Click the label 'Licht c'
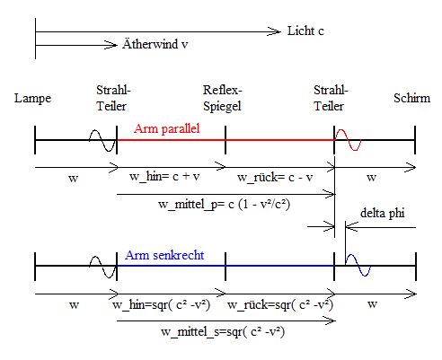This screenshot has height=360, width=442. pos(305,31)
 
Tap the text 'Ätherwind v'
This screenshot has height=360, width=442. pos(155,44)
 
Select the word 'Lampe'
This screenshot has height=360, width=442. pos(32,99)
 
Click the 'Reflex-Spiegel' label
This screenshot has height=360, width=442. pos(222,98)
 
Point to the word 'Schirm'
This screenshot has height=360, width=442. pos(411,98)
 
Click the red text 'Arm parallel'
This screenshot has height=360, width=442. pos(167,128)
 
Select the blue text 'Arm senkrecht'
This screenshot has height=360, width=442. pos(164,255)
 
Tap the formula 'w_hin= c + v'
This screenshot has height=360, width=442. pos(164,176)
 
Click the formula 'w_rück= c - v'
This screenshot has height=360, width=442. pos(275,177)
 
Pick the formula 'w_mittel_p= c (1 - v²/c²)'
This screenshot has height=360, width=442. pos(225,205)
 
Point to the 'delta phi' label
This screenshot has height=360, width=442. pos(383,213)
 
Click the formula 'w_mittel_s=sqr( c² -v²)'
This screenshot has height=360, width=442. pos(223,332)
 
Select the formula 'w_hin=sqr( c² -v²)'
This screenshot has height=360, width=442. pos(162,305)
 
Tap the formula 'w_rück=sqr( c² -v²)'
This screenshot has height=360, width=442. pos(280,305)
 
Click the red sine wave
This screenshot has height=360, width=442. pos(348,140)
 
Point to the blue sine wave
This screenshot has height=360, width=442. pos(358,265)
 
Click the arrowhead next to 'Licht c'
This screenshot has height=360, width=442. pos(274,31)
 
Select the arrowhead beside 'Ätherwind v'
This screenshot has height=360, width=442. pos(110,45)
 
